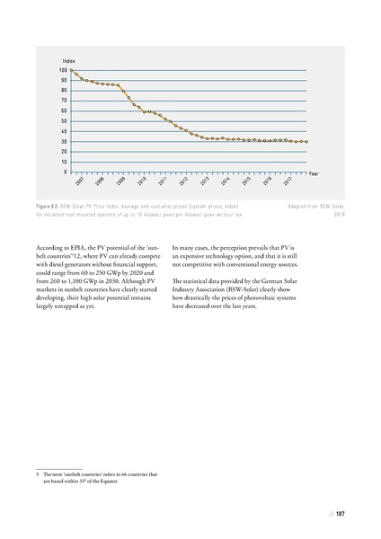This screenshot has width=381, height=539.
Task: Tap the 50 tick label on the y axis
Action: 63,120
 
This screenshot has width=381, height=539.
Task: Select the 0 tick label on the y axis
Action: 65,172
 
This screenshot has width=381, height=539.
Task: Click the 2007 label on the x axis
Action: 80,182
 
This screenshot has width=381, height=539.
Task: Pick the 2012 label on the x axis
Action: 183,182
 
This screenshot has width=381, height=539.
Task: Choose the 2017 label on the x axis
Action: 287,182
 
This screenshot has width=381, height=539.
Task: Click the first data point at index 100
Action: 75,70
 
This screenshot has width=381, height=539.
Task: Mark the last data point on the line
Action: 306,141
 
